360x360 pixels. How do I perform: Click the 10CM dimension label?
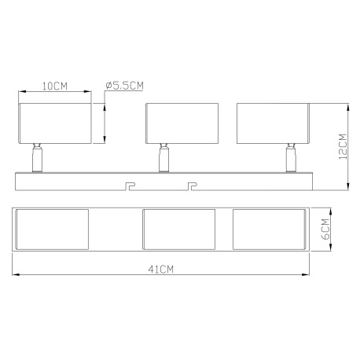54,86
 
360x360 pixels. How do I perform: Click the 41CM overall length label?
161,269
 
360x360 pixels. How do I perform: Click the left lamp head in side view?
53,122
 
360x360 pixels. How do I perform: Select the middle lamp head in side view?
180,122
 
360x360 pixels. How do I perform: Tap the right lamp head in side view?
272,122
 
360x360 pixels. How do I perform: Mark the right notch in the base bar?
192,185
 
